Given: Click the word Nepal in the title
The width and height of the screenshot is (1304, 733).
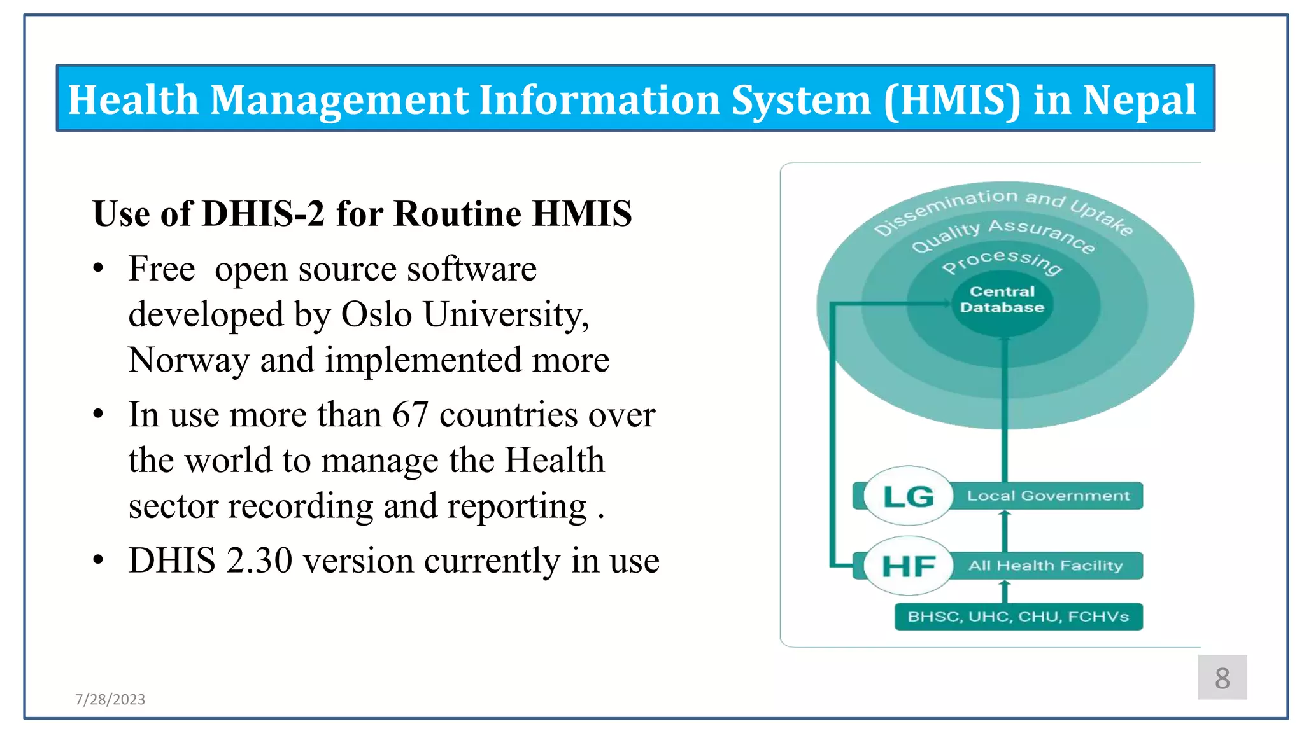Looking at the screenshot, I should pos(1139,100).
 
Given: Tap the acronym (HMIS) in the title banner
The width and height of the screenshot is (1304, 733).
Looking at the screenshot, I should pos(952,100).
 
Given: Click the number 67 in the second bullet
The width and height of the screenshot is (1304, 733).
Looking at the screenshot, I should pos(410,415).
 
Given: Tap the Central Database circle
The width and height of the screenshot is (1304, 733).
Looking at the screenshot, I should pos(1002,300).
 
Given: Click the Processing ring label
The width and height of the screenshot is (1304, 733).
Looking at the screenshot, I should pos(1002,262).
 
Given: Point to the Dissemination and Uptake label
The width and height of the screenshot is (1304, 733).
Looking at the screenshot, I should pos(1003,207).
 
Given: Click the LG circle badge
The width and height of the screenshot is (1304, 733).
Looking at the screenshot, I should pos(909,496).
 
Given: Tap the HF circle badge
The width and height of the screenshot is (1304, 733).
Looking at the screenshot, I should pos(909,566).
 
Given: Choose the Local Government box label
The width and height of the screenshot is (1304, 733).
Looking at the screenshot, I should pos(1048,496).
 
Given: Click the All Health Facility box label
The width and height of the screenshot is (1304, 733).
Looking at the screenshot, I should pos(1045,565).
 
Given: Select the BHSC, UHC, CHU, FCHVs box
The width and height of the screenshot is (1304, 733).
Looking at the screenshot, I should pos(1018,617).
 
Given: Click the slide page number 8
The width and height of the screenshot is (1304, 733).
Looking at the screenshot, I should pos(1222,678).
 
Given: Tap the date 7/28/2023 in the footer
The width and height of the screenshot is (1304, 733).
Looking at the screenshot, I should pos(110,699).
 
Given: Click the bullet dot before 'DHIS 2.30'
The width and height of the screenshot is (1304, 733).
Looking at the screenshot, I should pos(98,561).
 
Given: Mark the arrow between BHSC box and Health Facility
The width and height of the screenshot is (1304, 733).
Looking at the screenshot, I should pos(1005,592).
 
